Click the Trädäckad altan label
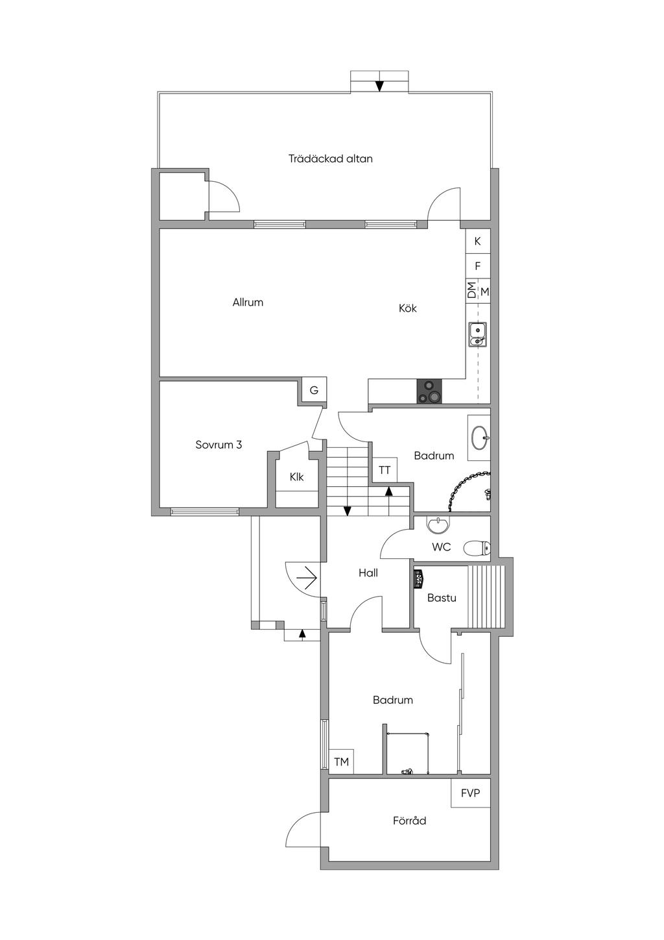[x=331, y=158]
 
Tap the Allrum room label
[x=248, y=302]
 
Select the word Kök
[x=407, y=308]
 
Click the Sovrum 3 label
[x=219, y=445]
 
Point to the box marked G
[x=314, y=390]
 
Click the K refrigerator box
[x=478, y=241]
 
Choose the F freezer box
[x=478, y=266]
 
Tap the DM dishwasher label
[x=471, y=290]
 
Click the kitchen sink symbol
[x=478, y=334]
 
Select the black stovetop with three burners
[x=429, y=391]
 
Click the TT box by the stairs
[x=385, y=470]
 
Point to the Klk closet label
[x=296, y=477]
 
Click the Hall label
[x=368, y=573]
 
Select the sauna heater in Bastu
[x=418, y=578]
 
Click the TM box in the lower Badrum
[x=341, y=761]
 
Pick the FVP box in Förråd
[x=471, y=793]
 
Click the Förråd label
[x=409, y=821]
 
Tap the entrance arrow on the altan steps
[x=379, y=86]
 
